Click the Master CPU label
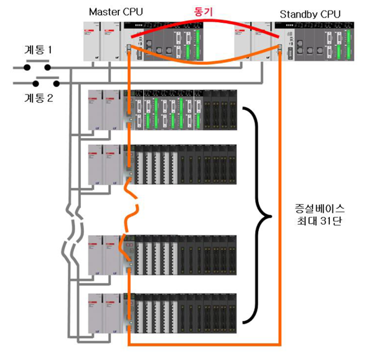(115, 12)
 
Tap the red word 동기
(203, 11)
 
